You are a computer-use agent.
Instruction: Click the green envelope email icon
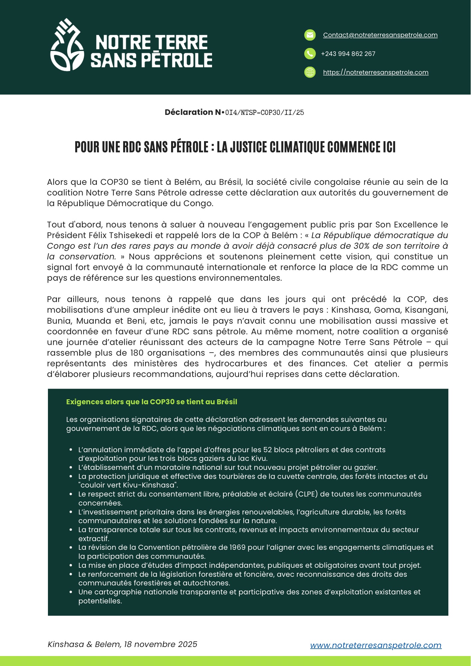click(x=310, y=35)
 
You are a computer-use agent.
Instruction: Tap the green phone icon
click(x=310, y=54)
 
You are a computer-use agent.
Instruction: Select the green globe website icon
click(x=310, y=72)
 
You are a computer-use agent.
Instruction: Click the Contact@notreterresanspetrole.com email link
click(x=380, y=35)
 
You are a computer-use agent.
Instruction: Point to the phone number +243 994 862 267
click(x=348, y=54)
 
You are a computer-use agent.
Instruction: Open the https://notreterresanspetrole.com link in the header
click(x=375, y=72)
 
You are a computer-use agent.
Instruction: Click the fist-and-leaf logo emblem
click(x=67, y=45)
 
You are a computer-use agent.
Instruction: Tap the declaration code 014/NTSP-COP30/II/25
click(x=265, y=113)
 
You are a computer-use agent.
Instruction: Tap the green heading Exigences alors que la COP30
click(x=151, y=402)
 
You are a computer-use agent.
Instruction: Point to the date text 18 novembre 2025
click(x=160, y=644)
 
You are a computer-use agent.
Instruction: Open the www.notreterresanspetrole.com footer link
click(x=375, y=645)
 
